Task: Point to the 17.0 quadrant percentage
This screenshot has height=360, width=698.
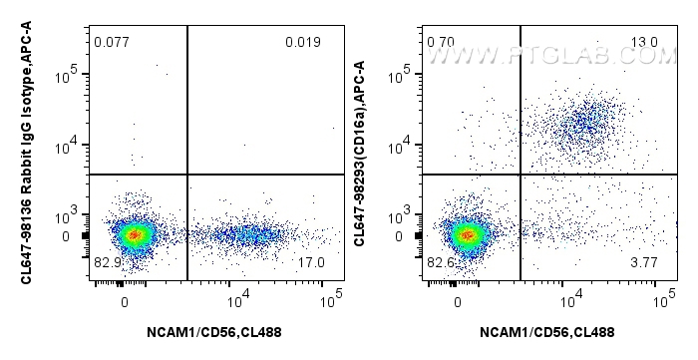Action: (x=311, y=262)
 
